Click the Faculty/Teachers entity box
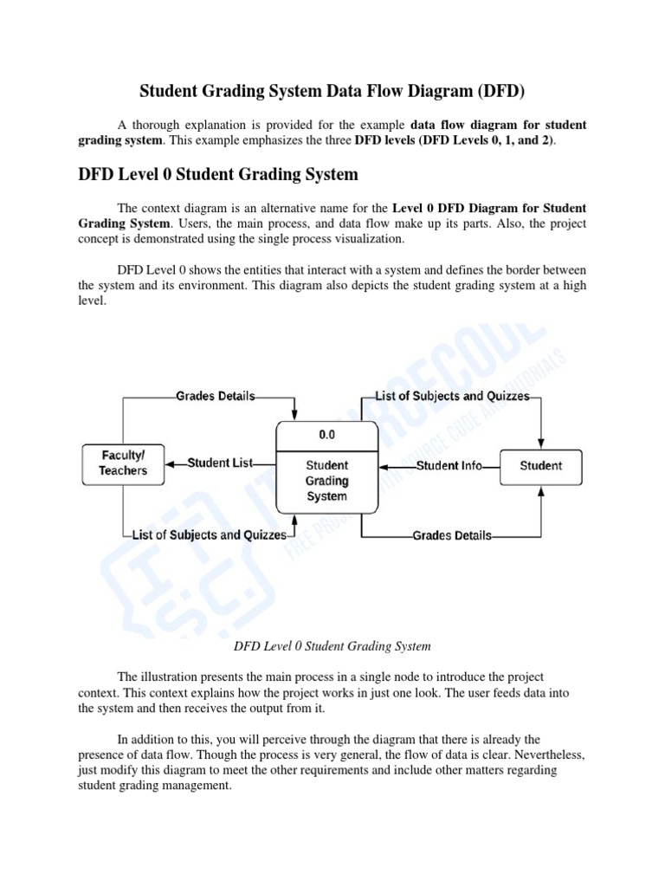[x=124, y=463]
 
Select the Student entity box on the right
[x=540, y=466]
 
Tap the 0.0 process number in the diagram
[x=326, y=435]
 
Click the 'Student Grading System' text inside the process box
[x=326, y=481]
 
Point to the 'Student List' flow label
[x=221, y=463]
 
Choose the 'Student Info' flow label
[x=449, y=466]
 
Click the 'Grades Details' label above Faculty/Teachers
[x=215, y=396]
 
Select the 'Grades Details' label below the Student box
[x=452, y=535]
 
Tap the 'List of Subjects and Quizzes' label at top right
[x=452, y=396]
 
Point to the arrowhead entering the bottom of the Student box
[x=541, y=489]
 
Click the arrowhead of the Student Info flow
[x=384, y=466]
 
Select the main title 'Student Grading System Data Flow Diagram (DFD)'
[x=332, y=92]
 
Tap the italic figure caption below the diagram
[x=332, y=646]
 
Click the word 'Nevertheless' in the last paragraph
[x=543, y=754]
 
